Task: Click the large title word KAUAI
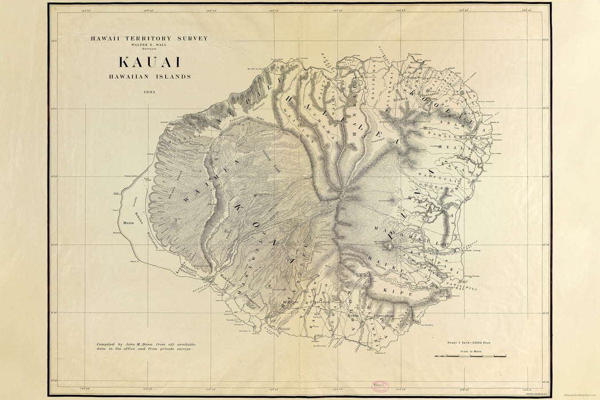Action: (149, 62)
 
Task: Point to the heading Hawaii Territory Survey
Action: (149, 38)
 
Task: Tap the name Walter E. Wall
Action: (149, 45)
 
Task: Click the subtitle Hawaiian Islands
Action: (149, 76)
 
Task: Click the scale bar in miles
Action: (470, 356)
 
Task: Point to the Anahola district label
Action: (461, 127)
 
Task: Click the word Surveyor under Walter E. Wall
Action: (149, 50)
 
